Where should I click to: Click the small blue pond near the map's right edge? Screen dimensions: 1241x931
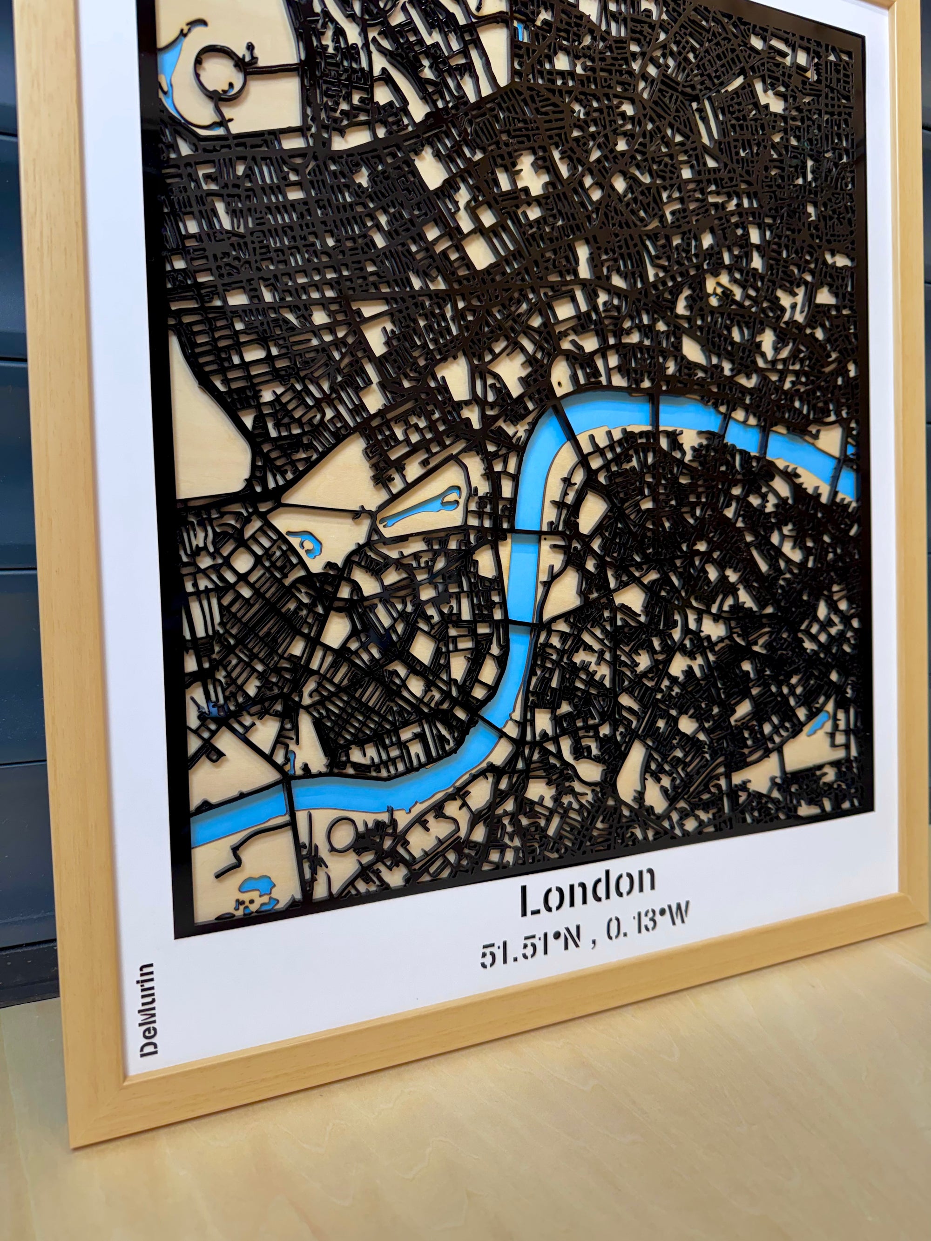tap(819, 723)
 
